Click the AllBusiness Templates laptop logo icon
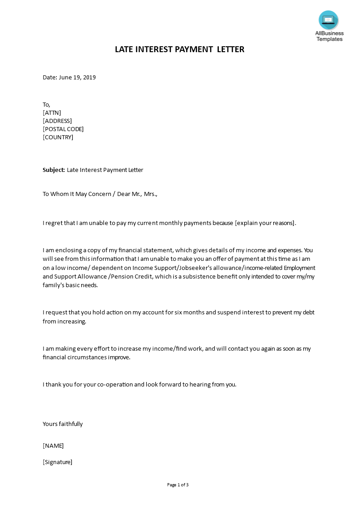[x=329, y=20]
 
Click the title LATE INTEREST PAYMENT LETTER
[x=180, y=49]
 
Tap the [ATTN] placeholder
[x=52, y=113]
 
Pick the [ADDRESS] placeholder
[x=57, y=121]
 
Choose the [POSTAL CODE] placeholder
[x=63, y=129]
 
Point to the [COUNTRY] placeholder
[x=58, y=137]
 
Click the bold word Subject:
[x=54, y=170]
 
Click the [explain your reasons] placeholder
[x=265, y=223]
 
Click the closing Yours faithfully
[x=63, y=424]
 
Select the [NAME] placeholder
[x=53, y=445]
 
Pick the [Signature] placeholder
[x=58, y=462]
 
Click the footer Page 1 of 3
[x=178, y=485]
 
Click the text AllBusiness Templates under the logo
[x=330, y=36]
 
